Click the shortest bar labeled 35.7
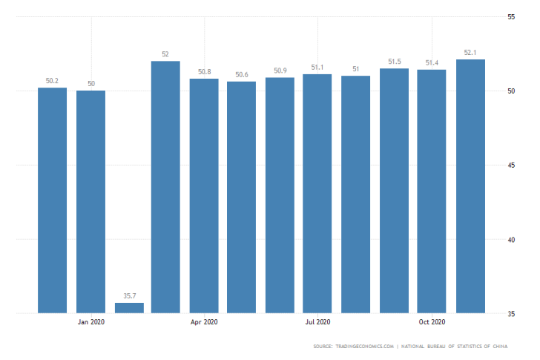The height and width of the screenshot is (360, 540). (x=129, y=307)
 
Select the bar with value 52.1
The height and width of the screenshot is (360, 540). (x=470, y=186)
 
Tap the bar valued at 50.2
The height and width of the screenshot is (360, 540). (x=52, y=200)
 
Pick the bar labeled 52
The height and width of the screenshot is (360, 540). (x=165, y=186)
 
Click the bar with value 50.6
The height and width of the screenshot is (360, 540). (x=242, y=197)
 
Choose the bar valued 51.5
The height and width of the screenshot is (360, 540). (x=394, y=190)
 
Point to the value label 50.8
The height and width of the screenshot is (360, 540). (x=204, y=72)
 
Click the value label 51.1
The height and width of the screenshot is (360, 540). (x=317, y=68)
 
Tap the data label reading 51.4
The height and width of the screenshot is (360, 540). (x=432, y=63)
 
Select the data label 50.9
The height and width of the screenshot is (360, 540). (x=280, y=71)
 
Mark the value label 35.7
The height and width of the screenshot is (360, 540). (x=129, y=296)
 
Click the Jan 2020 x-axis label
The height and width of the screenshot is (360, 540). (x=91, y=322)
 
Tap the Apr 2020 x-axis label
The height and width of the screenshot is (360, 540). (x=204, y=322)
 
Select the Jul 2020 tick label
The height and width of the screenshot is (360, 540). (x=317, y=322)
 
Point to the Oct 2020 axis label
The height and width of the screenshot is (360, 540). (x=432, y=322)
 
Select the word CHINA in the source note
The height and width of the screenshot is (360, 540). (x=510, y=347)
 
